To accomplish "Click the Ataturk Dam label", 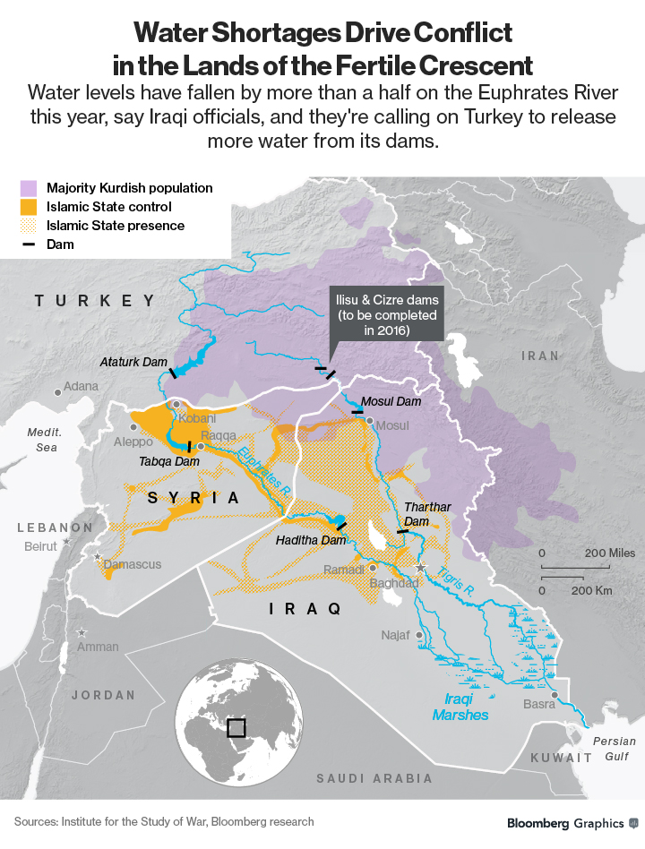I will coord(133,362).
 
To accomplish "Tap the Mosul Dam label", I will coord(390,402).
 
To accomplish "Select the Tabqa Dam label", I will coord(169,462).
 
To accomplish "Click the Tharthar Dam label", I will coord(427,514).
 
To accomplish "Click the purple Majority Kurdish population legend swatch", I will coord(29,188).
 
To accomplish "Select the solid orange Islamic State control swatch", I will coord(29,207).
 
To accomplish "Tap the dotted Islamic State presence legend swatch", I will coord(29,226).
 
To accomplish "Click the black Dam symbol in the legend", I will coord(29,244).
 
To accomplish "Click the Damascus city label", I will coord(133,564).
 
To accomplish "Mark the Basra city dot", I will coord(555,695).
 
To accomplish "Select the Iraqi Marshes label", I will coord(460,707).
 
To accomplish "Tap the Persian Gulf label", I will coord(615,748).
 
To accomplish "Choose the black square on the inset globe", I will coord(236,727).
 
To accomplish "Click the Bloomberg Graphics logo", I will coord(572,822).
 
